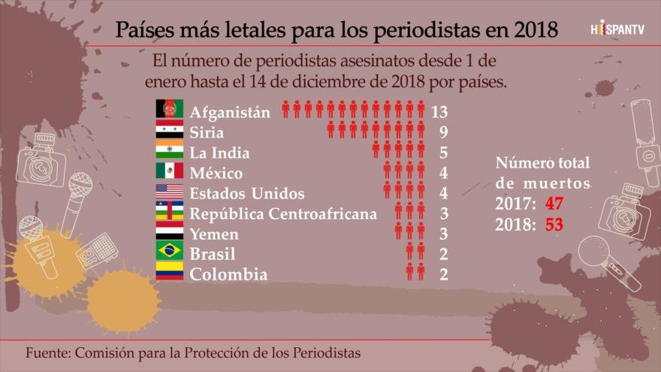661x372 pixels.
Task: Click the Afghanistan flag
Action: pos(169,110)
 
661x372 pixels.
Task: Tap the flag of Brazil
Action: pos(169,251)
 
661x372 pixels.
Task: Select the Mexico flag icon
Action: pos(169,171)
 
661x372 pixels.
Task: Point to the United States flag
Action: pos(169,191)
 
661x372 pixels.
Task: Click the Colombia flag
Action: pos(169,271)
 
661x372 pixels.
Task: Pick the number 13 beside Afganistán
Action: pos(440,112)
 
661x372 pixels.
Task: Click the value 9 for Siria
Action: pos(443,132)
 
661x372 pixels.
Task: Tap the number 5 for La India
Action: pos(443,153)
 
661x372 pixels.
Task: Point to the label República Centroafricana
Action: pos(283,214)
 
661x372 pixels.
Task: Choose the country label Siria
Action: pos(207,133)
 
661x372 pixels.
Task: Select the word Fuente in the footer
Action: pos(47,352)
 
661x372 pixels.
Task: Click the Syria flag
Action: pos(169,130)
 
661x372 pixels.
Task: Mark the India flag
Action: pos(169,150)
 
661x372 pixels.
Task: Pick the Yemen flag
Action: pos(169,231)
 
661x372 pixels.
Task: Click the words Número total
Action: pos(543,163)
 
